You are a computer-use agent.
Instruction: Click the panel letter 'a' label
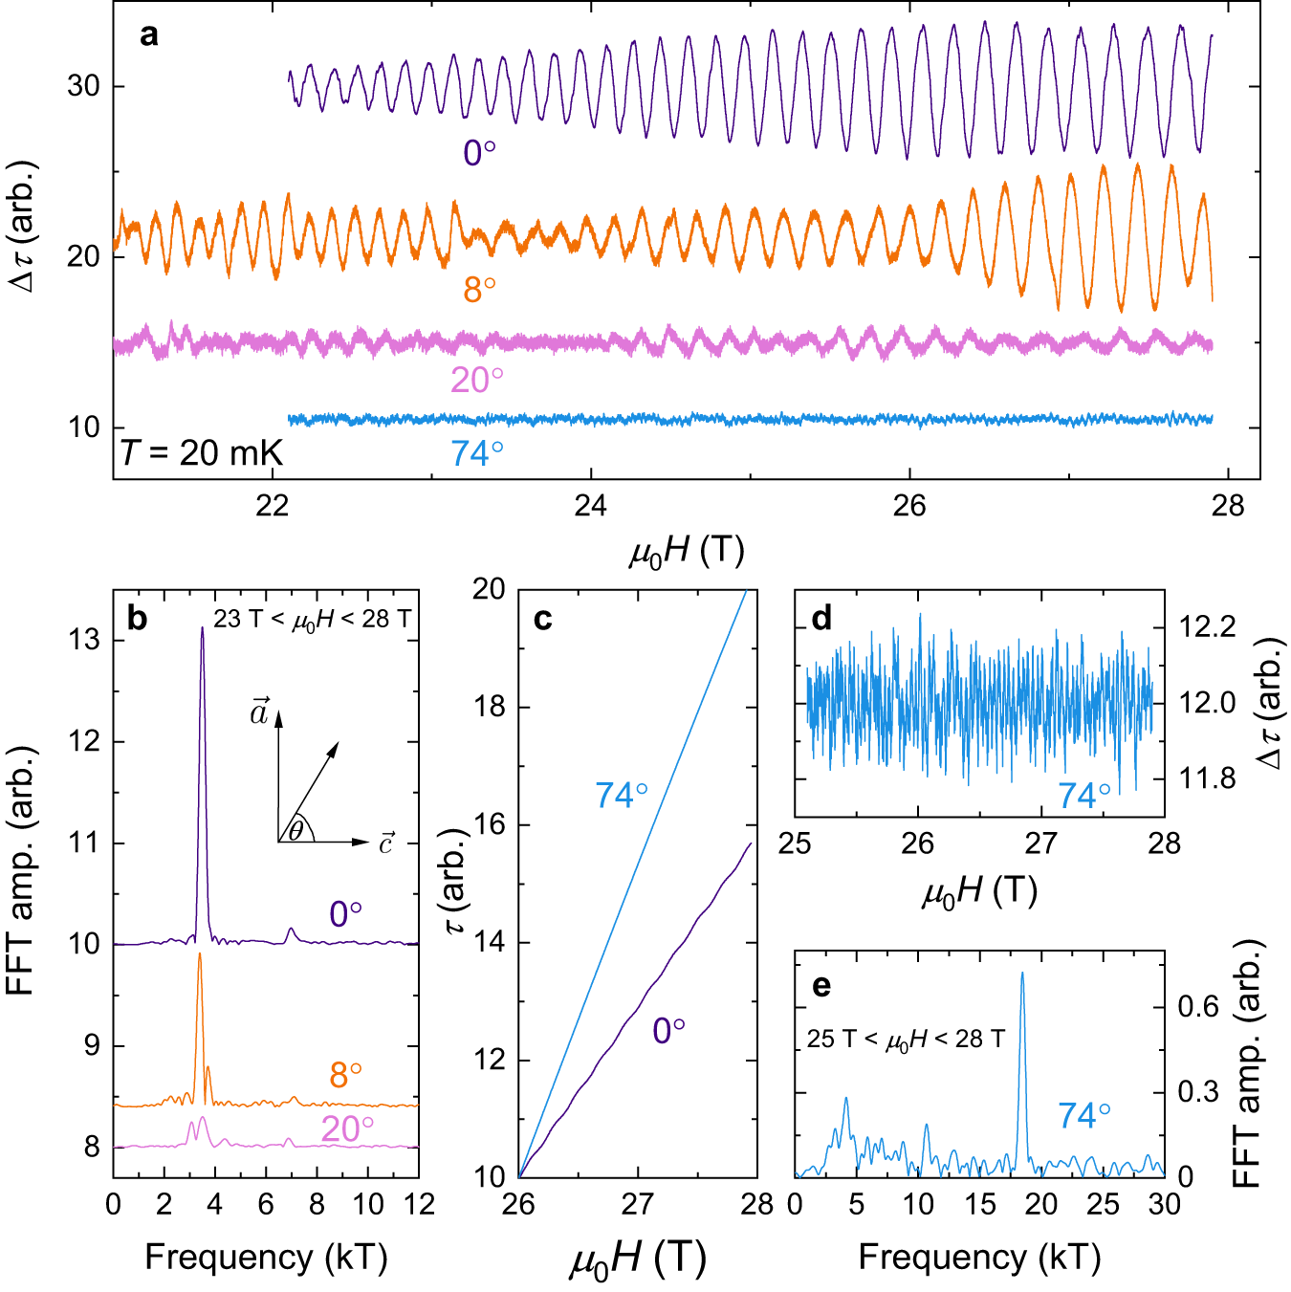tap(148, 36)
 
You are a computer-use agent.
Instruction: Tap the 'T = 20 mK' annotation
tap(202, 452)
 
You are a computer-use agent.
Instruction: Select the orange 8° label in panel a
tap(479, 290)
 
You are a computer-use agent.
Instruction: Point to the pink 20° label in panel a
tap(476, 381)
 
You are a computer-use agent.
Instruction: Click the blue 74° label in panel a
tap(476, 453)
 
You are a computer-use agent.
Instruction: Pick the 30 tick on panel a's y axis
tap(83, 86)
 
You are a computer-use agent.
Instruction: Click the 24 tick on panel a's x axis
tap(590, 505)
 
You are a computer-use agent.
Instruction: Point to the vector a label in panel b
tap(259, 712)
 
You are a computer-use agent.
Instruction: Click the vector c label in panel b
tap(385, 843)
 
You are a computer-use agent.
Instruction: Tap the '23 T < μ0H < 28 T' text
tap(312, 620)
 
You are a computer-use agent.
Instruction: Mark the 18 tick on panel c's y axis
tap(489, 707)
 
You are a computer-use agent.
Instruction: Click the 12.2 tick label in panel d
tap(1208, 627)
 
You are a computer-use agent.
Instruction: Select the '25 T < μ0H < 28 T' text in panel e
tap(906, 1040)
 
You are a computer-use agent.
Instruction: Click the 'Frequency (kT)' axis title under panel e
tap(979, 1257)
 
